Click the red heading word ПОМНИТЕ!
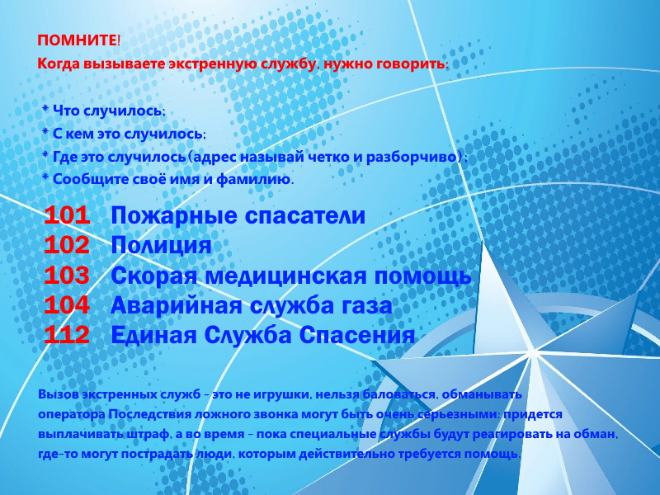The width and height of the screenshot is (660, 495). point(78,40)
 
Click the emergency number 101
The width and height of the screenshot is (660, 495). point(67,215)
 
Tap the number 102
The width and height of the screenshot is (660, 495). point(67,245)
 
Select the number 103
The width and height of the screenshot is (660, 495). point(67,276)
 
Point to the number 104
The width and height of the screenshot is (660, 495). point(67,305)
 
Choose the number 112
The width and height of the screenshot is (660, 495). point(67,335)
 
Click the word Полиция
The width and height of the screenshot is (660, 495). point(161,246)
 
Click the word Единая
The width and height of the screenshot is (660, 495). point(154,336)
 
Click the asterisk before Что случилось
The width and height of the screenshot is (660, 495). point(45,109)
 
